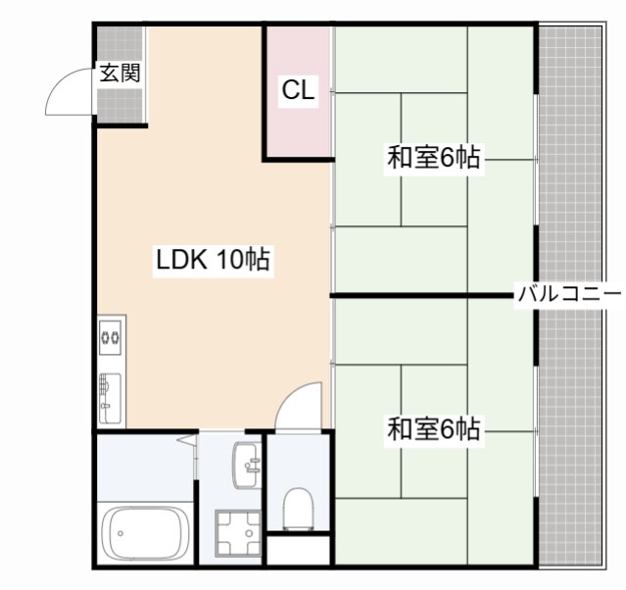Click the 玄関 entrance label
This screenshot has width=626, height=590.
pos(120,73)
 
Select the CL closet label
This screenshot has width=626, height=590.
pos(298,90)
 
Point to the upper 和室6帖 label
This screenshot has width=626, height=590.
pos(434,158)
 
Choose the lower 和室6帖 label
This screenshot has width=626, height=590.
pos(434,429)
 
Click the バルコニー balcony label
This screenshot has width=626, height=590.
pos(569,293)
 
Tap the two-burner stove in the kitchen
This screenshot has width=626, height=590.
pos(110,339)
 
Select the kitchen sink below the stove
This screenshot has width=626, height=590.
pos(110,396)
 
